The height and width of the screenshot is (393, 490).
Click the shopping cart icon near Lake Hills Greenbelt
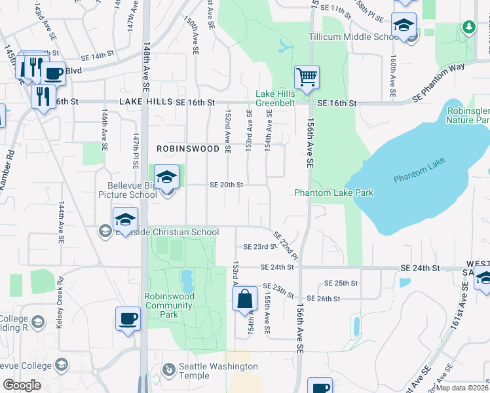(x=307, y=77)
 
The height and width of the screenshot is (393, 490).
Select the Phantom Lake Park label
(x=333, y=193)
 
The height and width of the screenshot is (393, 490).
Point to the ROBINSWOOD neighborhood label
(x=188, y=149)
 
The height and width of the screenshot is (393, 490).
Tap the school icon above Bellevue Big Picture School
(x=167, y=176)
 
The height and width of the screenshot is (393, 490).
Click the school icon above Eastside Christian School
(x=125, y=219)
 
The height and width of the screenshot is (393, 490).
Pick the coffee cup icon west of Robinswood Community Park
(x=128, y=319)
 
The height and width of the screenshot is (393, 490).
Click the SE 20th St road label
(x=227, y=185)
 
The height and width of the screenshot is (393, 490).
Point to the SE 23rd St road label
(x=257, y=247)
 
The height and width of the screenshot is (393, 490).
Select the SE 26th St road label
(x=341, y=299)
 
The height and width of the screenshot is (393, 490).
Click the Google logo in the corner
(x=22, y=385)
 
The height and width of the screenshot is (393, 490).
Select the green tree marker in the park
(x=468, y=27)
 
